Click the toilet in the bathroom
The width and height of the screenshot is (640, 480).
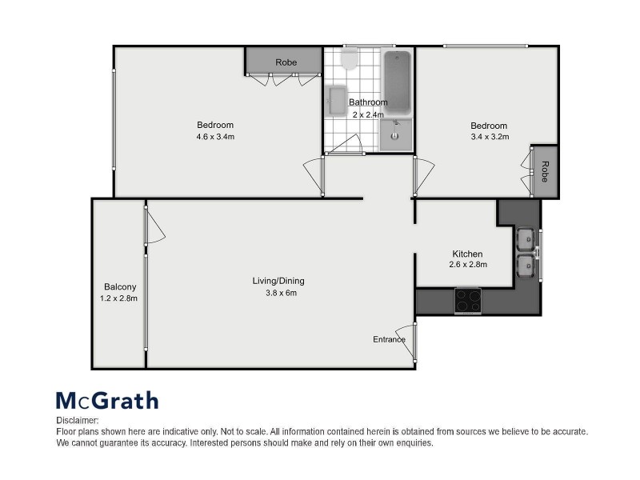pyautogui.click(x=349, y=59)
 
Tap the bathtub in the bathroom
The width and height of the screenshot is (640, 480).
pyautogui.click(x=397, y=82)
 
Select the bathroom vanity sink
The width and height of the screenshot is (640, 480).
pyautogui.click(x=396, y=134)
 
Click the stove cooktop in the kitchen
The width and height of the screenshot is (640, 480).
pyautogui.click(x=468, y=300)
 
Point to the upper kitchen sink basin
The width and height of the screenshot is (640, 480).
pyautogui.click(x=526, y=238)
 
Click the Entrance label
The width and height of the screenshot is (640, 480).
pyautogui.click(x=389, y=339)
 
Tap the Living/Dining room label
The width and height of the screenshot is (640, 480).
pyautogui.click(x=278, y=281)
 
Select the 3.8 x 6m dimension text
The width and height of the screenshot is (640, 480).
pyautogui.click(x=278, y=292)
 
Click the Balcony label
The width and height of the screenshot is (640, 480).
pyautogui.click(x=120, y=287)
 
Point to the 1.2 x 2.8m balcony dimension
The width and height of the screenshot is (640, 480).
pyautogui.click(x=120, y=298)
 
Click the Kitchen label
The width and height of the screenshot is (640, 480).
pyautogui.click(x=467, y=254)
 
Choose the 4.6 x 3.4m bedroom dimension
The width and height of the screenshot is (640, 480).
pyautogui.click(x=215, y=136)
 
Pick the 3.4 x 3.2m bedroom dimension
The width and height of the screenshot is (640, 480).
pyautogui.click(x=488, y=137)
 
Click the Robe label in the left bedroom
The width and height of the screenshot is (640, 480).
pyautogui.click(x=286, y=62)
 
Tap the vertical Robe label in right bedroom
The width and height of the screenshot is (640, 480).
pyautogui.click(x=545, y=172)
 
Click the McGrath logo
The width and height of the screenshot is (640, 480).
pyautogui.click(x=106, y=400)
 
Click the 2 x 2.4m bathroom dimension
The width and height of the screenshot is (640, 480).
pyautogui.click(x=369, y=114)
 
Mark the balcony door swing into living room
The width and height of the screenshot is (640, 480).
pyautogui.click(x=155, y=227)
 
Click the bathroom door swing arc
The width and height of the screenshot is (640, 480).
pyautogui.click(x=346, y=144)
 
